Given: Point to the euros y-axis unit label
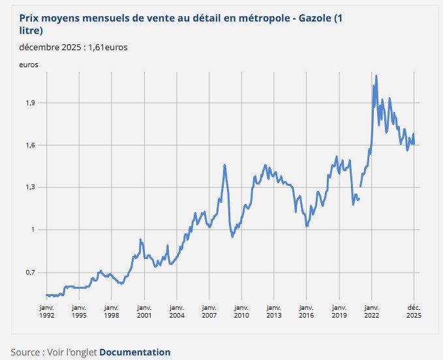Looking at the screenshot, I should click(x=29, y=65).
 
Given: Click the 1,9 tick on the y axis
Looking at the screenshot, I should click(x=29, y=103).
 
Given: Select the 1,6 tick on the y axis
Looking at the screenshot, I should click(x=29, y=145).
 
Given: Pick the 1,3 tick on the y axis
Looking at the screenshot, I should click(x=29, y=188).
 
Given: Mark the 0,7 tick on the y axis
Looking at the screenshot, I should click(x=29, y=273).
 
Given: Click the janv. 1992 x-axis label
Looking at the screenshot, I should click(x=46, y=311).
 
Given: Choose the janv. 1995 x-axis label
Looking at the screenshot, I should click(x=79, y=311).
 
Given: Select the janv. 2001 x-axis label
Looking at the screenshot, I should click(x=144, y=311).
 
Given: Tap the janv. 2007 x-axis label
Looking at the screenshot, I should click(x=209, y=311).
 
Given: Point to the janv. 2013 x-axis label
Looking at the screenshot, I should click(x=274, y=311).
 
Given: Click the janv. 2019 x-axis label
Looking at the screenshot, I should click(x=339, y=311).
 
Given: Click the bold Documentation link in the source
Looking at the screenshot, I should click(x=134, y=352).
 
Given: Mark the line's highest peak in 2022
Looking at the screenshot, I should click(x=376, y=76).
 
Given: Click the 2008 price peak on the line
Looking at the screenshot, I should click(x=224, y=165).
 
